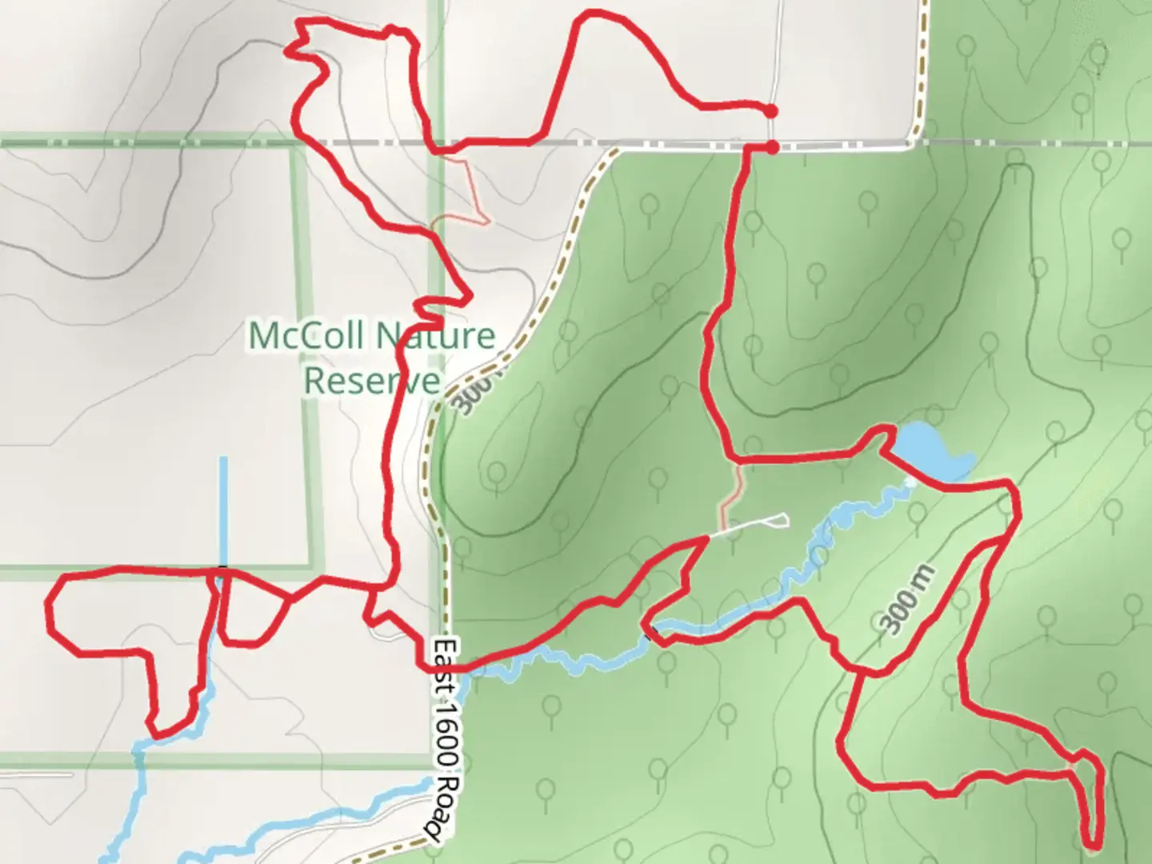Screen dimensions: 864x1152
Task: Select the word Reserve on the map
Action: point(372,380)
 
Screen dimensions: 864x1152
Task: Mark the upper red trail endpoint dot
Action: point(770,111)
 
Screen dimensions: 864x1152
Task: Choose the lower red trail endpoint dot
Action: point(772,147)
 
